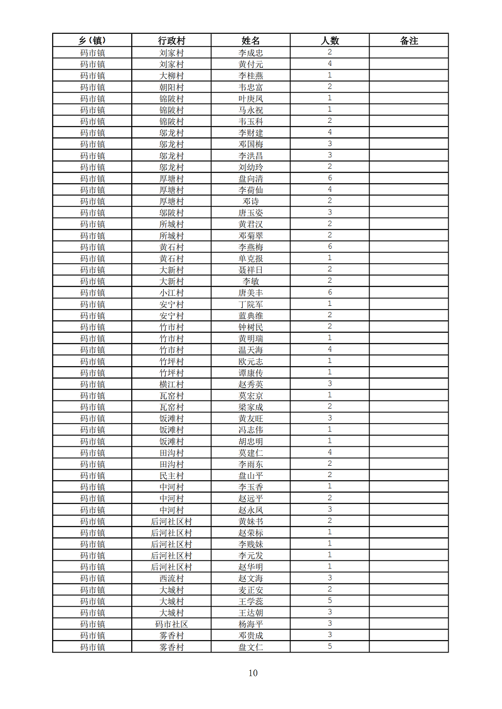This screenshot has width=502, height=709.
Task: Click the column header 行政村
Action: pyautogui.click(x=171, y=41)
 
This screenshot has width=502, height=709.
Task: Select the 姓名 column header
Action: pyautogui.click(x=250, y=41)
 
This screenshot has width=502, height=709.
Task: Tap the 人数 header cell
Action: pyautogui.click(x=329, y=41)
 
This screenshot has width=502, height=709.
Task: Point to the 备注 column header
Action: pyautogui.click(x=409, y=41)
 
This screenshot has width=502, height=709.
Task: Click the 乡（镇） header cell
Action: pyautogui.click(x=92, y=41)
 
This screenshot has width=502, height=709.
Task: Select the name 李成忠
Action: pyautogui.click(x=250, y=53)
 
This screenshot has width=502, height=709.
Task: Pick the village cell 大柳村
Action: pyautogui.click(x=171, y=76)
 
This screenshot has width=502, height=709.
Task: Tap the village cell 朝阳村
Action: pyautogui.click(x=171, y=87)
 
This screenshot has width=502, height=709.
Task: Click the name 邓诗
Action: pyautogui.click(x=250, y=201)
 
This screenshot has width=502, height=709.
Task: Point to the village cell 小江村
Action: pyautogui.click(x=171, y=293)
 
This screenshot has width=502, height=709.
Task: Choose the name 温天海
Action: pyautogui.click(x=250, y=350)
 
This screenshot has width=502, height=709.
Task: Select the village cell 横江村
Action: pyautogui.click(x=171, y=384)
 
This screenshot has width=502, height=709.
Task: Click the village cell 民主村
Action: pyautogui.click(x=171, y=475)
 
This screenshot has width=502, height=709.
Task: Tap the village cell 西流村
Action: pyautogui.click(x=171, y=578)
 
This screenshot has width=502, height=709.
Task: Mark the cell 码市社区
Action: pyautogui.click(x=171, y=624)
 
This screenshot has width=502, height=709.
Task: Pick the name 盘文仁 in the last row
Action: pyautogui.click(x=250, y=647)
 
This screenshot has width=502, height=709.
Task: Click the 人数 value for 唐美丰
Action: pyautogui.click(x=329, y=293)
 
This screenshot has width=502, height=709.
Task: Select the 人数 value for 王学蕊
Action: pyautogui.click(x=329, y=601)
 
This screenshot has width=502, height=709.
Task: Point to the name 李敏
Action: pyautogui.click(x=250, y=281)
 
